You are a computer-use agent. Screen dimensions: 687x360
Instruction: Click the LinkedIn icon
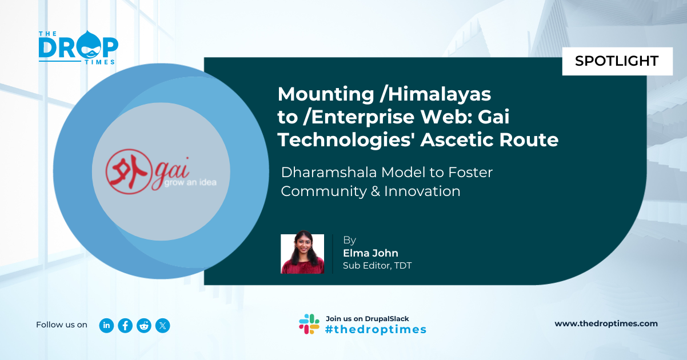106,325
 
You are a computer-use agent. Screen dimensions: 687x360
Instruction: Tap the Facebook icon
125,325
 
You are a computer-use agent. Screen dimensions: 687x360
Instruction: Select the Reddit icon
144,325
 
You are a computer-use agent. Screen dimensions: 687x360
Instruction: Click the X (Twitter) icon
162,325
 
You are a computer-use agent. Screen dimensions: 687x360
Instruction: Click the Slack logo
309,324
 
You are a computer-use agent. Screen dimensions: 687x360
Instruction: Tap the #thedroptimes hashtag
376,329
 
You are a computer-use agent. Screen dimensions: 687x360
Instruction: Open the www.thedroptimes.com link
606,323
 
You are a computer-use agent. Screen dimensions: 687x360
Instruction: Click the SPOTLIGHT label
617,61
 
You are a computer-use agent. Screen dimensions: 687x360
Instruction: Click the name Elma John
370,253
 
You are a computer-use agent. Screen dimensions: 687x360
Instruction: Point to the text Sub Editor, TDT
377,266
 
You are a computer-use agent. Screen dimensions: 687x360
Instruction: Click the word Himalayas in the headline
439,94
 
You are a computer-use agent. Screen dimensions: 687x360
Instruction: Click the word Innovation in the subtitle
422,191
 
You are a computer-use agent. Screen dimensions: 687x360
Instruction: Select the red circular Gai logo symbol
129,172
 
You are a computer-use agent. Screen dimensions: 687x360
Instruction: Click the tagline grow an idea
190,183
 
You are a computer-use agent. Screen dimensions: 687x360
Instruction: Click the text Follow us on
62,325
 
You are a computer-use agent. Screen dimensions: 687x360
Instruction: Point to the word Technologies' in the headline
346,141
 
